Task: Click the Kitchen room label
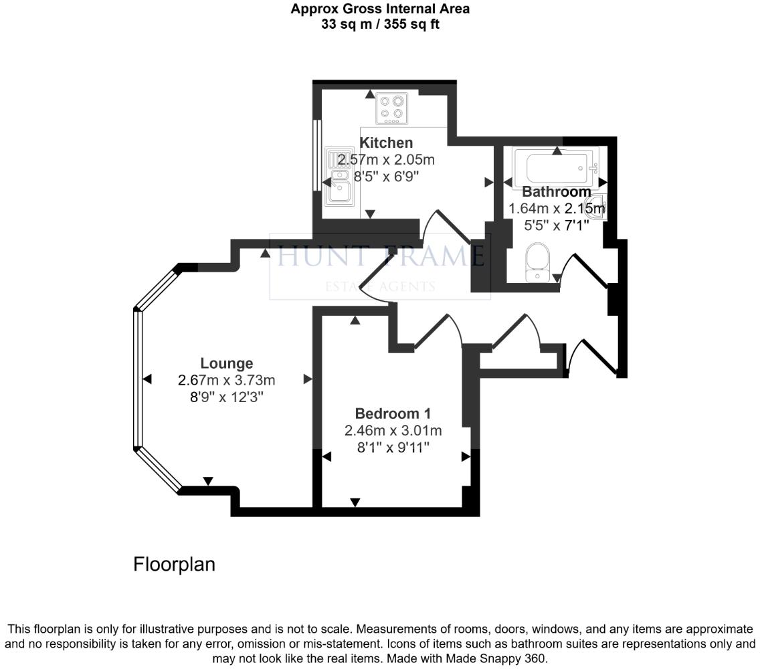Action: (386, 142)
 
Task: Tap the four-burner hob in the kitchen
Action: (392, 108)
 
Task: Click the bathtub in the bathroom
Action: (557, 169)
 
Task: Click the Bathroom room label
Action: (557, 192)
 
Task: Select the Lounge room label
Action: (227, 363)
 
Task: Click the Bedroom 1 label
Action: (393, 413)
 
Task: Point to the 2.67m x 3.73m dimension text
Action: (227, 380)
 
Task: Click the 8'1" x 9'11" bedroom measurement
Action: (393, 446)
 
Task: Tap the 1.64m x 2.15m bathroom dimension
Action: (557, 209)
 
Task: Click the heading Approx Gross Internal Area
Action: (380, 9)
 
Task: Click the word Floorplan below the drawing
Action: (175, 564)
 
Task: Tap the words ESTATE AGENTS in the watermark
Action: (380, 287)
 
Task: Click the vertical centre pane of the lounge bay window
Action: (138, 379)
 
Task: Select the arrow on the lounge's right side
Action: (308, 379)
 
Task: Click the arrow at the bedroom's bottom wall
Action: (355, 502)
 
